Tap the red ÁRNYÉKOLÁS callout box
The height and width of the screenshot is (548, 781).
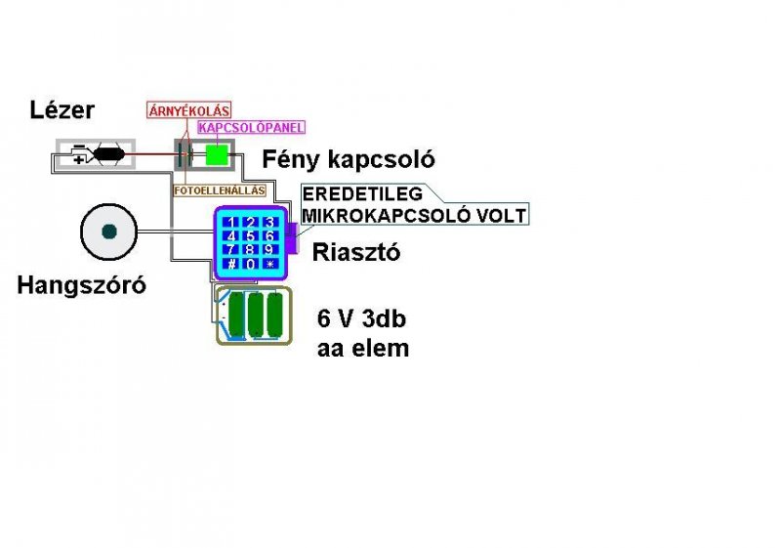188,110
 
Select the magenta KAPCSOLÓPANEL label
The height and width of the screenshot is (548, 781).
251,127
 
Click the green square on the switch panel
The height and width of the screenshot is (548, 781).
217,154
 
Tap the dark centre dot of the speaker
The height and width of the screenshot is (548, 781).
109,232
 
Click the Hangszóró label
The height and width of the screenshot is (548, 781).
81,285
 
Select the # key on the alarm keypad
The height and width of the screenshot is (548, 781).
231,264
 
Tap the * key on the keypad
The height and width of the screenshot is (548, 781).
269,264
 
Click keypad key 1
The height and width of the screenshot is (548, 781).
231,223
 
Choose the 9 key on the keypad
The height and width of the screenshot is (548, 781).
269,250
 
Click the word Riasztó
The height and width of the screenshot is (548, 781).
356,252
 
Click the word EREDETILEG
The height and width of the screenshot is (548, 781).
362,193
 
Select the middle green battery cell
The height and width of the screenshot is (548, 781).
257,315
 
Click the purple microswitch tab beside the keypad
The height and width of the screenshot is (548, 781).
290,238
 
